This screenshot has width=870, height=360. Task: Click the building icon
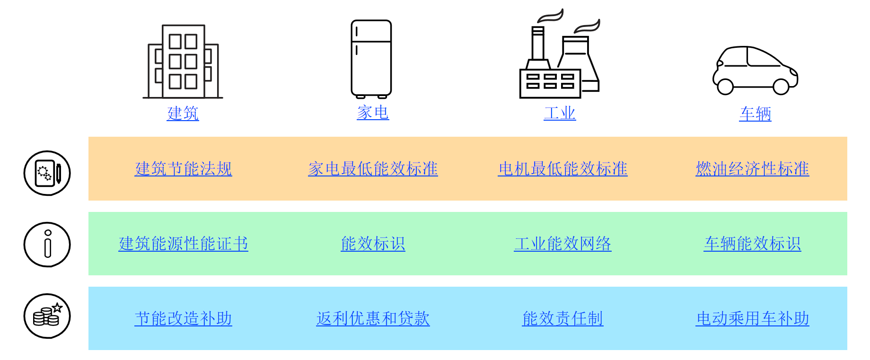click(x=183, y=61)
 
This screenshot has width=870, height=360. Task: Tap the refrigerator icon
click(x=371, y=59)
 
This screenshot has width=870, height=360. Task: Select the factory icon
click(x=560, y=57)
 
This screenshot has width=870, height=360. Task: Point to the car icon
click(x=755, y=70)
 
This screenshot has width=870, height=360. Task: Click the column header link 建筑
click(x=183, y=114)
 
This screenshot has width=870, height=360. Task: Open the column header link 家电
click(x=373, y=113)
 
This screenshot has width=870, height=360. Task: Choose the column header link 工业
click(x=560, y=114)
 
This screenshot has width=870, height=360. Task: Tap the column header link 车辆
click(x=755, y=114)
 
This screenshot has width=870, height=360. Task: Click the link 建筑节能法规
click(x=183, y=169)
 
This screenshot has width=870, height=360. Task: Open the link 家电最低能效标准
click(x=373, y=169)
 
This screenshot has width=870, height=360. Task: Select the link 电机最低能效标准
click(x=562, y=169)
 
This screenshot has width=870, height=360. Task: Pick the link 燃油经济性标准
click(x=752, y=169)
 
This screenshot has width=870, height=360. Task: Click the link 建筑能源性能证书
click(x=183, y=244)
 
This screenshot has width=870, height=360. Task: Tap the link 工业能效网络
click(x=562, y=244)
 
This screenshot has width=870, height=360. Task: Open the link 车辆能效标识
click(x=752, y=244)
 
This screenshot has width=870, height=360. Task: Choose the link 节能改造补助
click(x=183, y=318)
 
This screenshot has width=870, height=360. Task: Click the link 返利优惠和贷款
click(x=373, y=318)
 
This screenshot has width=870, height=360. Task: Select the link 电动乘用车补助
click(x=752, y=318)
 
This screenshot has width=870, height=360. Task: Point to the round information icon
click(x=47, y=245)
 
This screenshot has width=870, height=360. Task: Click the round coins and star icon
click(x=47, y=316)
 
